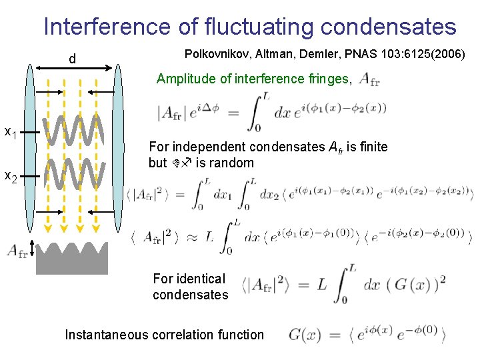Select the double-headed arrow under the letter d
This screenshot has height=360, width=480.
[x=73, y=67]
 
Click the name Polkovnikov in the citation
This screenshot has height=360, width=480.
[x=214, y=53]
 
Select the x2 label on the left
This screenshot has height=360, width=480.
[x=11, y=176]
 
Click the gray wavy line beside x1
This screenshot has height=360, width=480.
[x=73, y=133]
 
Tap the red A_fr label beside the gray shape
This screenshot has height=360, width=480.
[x=16, y=251]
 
